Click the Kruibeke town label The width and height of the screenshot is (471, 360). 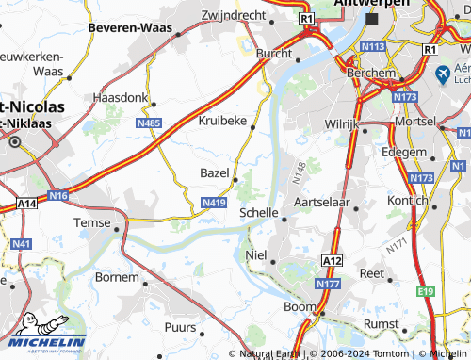[x=222, y=121]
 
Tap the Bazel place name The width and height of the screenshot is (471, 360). [x=215, y=172]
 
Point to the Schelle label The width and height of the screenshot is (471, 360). [x=258, y=213]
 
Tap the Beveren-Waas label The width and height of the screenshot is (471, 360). [x=129, y=28]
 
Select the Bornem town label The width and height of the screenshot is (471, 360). [x=117, y=278]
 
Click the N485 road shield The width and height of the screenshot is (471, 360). [x=149, y=123]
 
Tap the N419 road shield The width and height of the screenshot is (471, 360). [x=214, y=203]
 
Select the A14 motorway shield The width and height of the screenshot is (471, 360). [x=26, y=203]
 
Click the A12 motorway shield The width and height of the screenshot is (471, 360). [x=332, y=260]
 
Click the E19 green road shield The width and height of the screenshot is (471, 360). [x=427, y=292]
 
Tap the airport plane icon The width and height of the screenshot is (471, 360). [x=443, y=73]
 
